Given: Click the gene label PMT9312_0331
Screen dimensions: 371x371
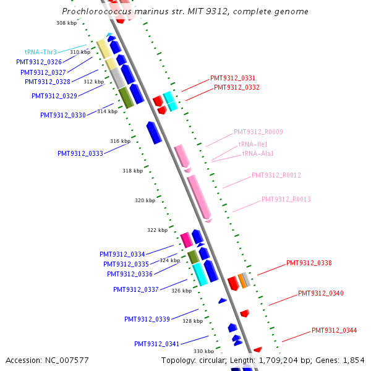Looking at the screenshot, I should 232,78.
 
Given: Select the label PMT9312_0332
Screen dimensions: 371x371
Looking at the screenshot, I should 237,88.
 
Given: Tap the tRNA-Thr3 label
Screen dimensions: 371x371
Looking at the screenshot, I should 41,53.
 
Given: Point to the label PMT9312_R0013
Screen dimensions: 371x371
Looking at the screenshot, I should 286,199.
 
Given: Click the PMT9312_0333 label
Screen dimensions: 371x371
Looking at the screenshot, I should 80,154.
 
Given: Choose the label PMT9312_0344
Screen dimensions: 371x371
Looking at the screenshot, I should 334,330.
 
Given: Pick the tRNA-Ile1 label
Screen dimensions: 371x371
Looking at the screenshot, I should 254,144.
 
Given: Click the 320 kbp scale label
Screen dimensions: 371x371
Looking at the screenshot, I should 145,200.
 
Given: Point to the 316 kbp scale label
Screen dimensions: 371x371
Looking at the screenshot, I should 120,141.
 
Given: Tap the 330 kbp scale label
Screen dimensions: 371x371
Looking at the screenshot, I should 203,351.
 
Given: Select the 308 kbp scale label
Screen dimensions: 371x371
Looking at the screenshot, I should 66,23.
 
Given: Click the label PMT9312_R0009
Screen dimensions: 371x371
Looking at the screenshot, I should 258,132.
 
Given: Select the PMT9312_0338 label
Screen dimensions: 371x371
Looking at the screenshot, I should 309,263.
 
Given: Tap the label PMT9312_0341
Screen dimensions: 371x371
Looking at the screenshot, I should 156,344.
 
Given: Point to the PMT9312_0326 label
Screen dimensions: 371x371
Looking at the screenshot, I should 39,62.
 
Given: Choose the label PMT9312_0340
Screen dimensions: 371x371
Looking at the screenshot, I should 320,293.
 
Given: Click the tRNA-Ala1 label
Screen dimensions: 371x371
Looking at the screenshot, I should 258,153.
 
